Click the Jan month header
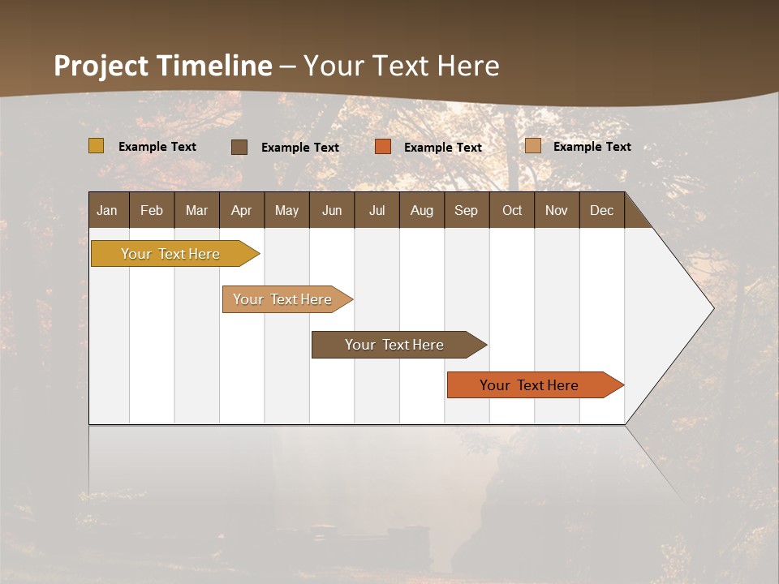107,210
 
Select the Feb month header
152,210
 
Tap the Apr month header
242,210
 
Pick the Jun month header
332,210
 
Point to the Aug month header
422,210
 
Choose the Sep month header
466,210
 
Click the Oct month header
512,210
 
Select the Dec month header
601,210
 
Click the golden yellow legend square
96,146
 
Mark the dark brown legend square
239,147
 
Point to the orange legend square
383,147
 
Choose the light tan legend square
533,146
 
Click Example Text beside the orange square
443,148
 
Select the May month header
286,210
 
